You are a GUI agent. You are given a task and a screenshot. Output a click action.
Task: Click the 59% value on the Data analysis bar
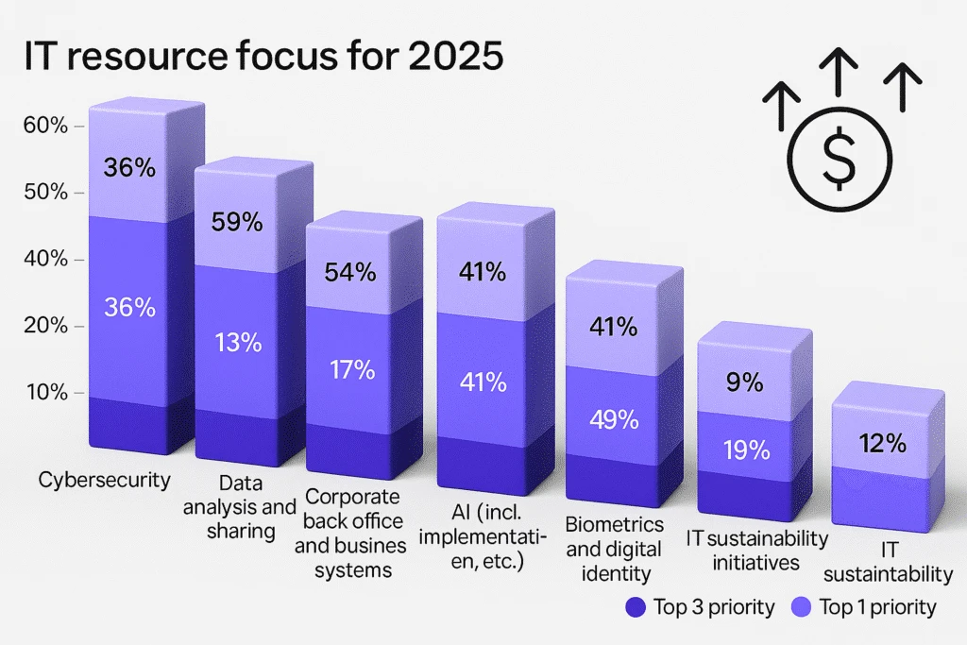238,222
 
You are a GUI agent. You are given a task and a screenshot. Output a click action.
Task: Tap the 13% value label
238,341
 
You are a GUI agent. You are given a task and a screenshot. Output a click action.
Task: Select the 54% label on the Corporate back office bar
350,272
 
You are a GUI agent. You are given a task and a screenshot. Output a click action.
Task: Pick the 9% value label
744,382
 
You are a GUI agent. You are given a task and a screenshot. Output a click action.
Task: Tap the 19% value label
745,450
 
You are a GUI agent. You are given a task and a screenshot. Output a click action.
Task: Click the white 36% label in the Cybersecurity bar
128,307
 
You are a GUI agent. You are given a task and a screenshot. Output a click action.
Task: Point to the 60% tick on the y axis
45,125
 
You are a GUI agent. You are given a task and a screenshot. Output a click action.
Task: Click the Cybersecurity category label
105,480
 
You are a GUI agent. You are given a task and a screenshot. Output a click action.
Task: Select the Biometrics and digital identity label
613,548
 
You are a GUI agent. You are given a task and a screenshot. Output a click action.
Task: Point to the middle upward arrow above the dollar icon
839,76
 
